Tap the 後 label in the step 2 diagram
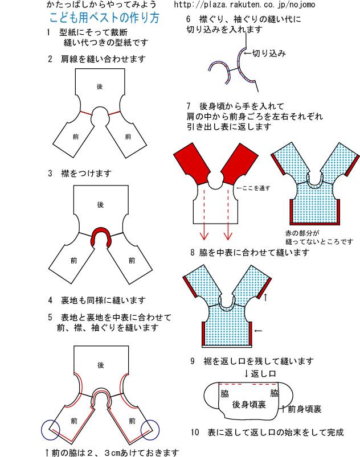(x=99, y=86)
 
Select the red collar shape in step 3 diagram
(x=101, y=234)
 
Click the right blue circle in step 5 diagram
(x=150, y=430)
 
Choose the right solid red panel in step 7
(x=238, y=163)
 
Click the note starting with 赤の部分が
(x=319, y=237)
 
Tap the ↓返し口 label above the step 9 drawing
(x=260, y=374)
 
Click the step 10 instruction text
(x=267, y=433)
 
